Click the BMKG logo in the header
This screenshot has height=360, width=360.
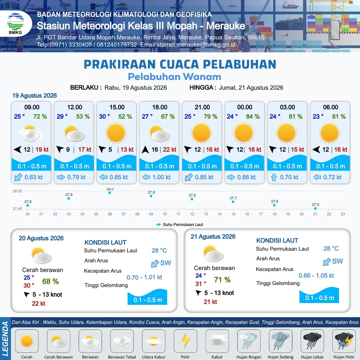pos(15,24)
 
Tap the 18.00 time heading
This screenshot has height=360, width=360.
pos(160,107)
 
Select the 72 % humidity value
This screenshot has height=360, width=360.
pos(40,117)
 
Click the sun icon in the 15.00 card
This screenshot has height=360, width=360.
pos(116,133)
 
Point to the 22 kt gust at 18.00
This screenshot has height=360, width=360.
pos(170,150)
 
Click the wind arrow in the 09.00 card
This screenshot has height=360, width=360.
pos(17,150)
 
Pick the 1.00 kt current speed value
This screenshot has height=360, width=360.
pos(162,177)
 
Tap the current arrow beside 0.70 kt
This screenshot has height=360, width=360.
pos(274,177)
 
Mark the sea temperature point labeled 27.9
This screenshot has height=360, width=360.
pos(151,196)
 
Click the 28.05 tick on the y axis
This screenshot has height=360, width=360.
pos(17,191)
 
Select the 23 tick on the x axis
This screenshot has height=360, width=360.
pos(343,214)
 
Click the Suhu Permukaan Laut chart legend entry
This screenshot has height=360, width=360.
pos(180,225)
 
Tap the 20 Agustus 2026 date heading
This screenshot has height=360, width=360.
pos(41,238)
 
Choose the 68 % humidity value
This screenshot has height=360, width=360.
pos(51,281)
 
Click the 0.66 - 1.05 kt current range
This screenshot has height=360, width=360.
pos(316,276)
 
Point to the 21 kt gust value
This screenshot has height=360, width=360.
pos(210,302)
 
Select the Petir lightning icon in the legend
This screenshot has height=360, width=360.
pos(185,341)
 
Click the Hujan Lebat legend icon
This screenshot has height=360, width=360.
pos(312,341)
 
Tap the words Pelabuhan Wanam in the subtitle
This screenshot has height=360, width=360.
pos(174,77)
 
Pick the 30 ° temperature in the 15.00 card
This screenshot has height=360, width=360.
pos(104,117)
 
